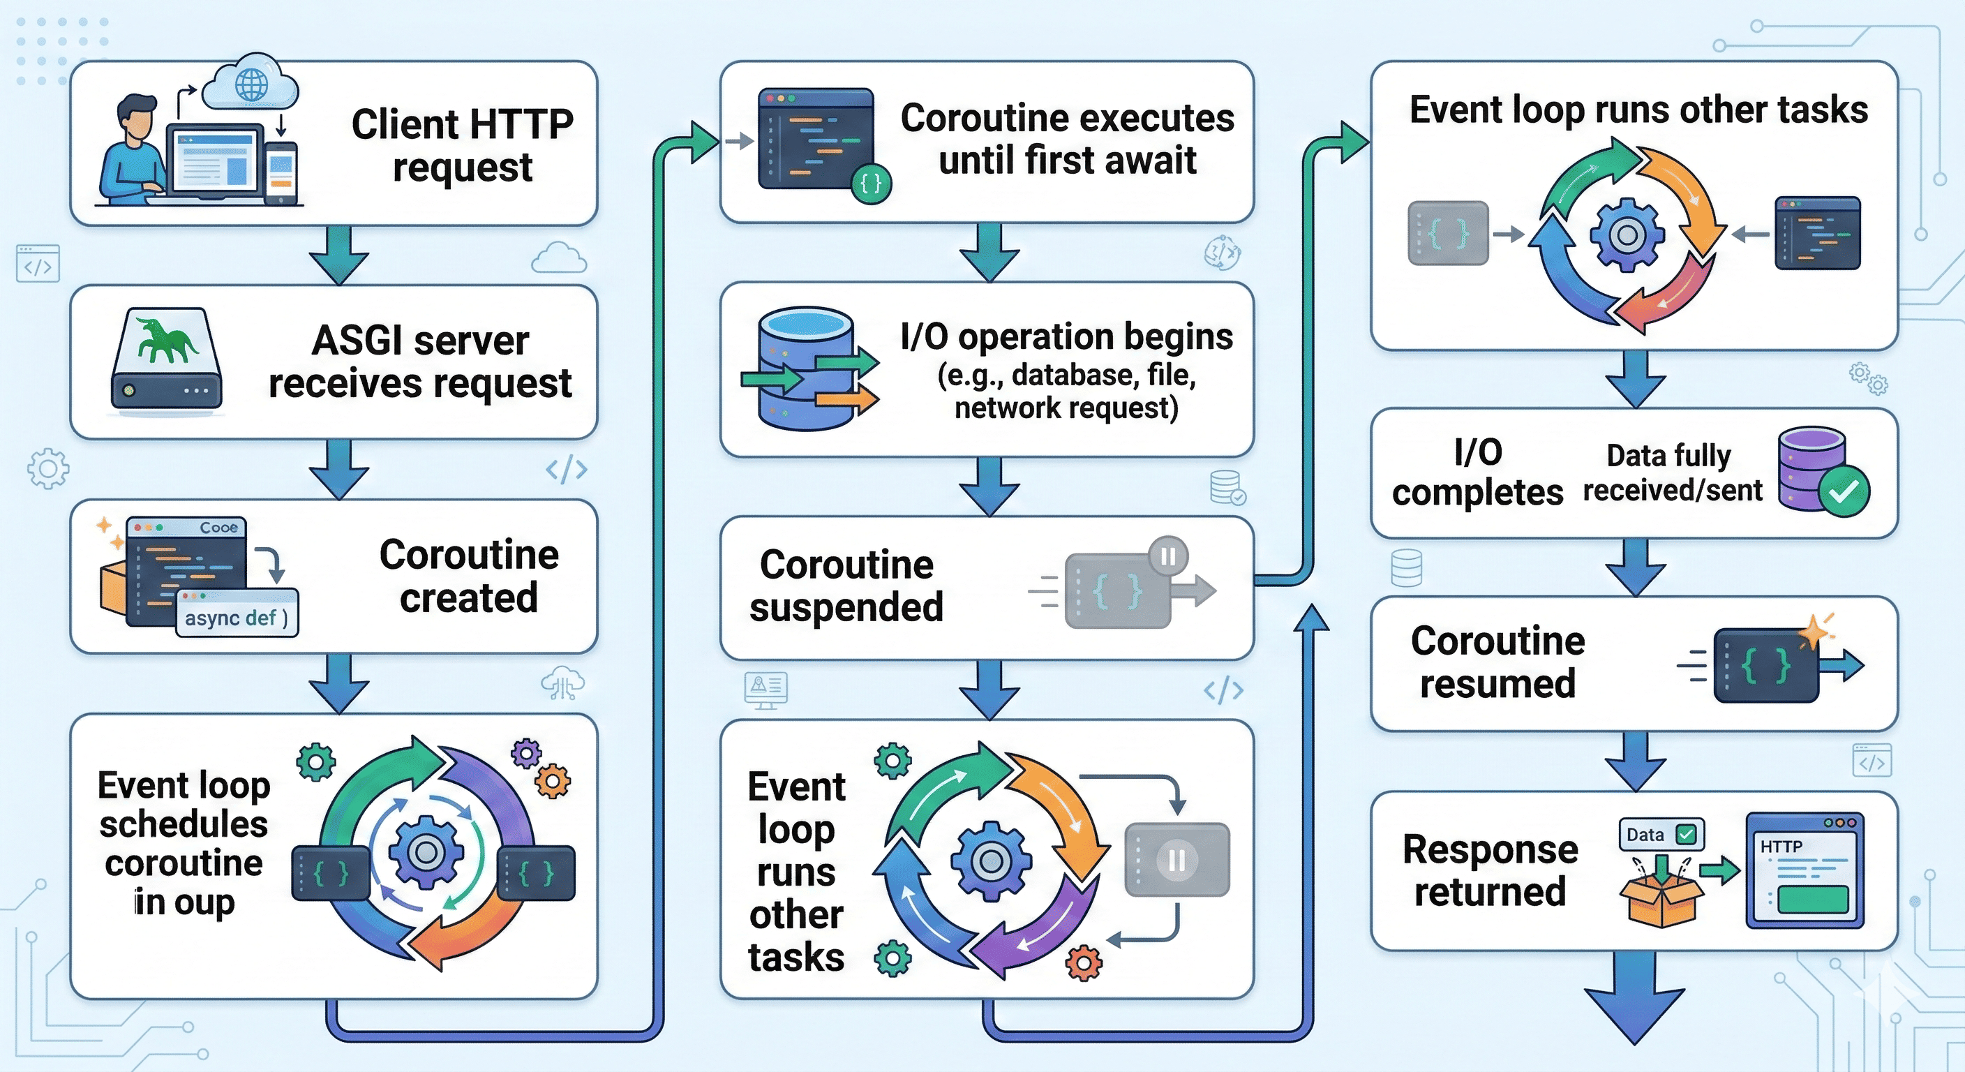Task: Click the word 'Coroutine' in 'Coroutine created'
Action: click(468, 555)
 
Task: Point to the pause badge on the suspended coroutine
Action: click(1168, 557)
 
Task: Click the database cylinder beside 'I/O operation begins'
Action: click(805, 369)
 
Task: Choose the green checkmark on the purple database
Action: click(1844, 492)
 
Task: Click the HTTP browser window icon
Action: click(1805, 870)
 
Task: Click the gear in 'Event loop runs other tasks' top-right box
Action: click(1627, 234)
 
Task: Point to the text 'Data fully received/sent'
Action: click(1671, 473)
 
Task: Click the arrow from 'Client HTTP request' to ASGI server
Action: click(338, 255)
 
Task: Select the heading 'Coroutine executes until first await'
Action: click(1066, 139)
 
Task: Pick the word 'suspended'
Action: click(846, 607)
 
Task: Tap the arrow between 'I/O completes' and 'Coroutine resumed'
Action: click(1635, 566)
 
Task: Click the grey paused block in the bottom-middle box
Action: click(1177, 859)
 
